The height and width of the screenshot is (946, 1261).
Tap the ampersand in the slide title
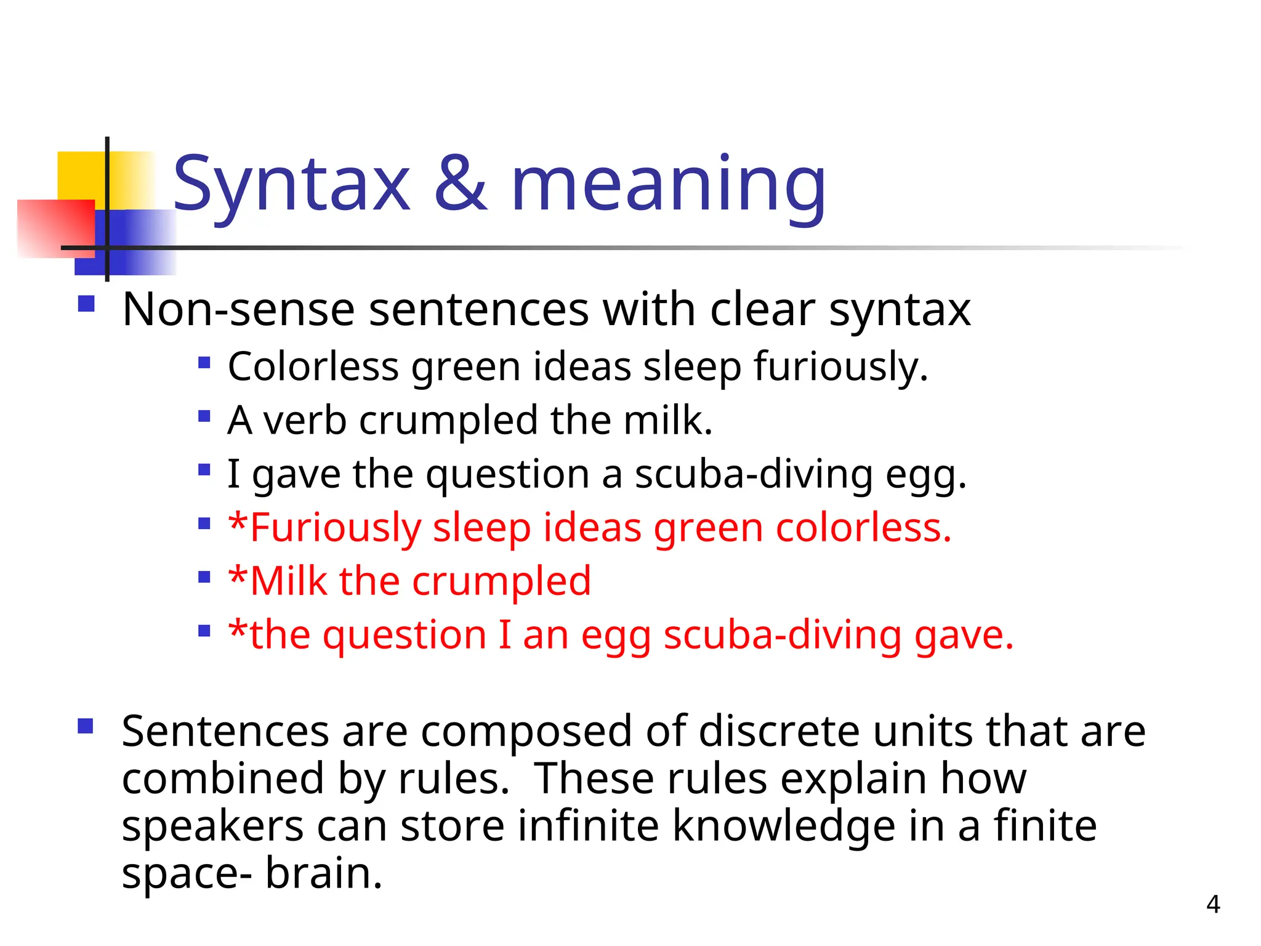pos(461,183)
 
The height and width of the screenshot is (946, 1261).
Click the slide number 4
pos(1213,904)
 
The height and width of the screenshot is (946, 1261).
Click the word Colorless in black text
pos(313,366)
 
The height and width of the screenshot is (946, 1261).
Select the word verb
pos(305,421)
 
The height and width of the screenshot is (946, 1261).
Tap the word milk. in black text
pos(668,421)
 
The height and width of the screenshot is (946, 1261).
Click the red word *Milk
pos(278,581)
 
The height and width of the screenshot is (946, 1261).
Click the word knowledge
pos(784,826)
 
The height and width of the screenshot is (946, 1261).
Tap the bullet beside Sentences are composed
pos(86,727)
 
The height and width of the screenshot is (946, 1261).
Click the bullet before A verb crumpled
pos(204,416)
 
